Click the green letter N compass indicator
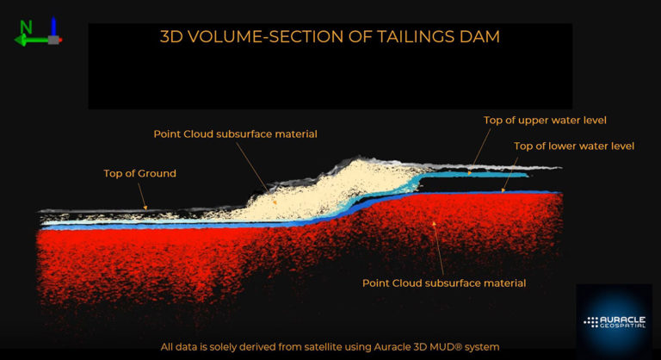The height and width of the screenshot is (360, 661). click(x=26, y=27)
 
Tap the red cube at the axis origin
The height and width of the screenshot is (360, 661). click(x=55, y=40)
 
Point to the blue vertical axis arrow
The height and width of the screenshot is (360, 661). click(x=54, y=26)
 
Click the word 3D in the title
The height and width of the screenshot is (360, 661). click(x=173, y=37)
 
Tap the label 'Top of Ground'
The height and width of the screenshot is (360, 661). click(x=139, y=174)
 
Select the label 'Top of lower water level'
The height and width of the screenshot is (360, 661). click(x=574, y=146)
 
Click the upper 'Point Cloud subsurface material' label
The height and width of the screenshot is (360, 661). click(x=235, y=134)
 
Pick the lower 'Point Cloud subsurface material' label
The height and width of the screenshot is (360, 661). click(x=443, y=282)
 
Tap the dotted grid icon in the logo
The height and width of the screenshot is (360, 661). click(x=591, y=321)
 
